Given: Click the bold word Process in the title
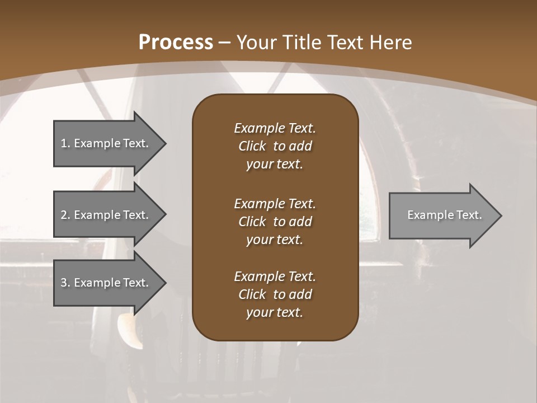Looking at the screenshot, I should click(176, 43).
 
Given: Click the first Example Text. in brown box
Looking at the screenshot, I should click(275, 128).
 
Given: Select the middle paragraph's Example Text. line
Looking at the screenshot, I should click(275, 203).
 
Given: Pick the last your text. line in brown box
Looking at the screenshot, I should click(275, 313).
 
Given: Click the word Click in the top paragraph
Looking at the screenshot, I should click(252, 146).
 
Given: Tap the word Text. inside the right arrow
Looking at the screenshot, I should click(469, 215).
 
